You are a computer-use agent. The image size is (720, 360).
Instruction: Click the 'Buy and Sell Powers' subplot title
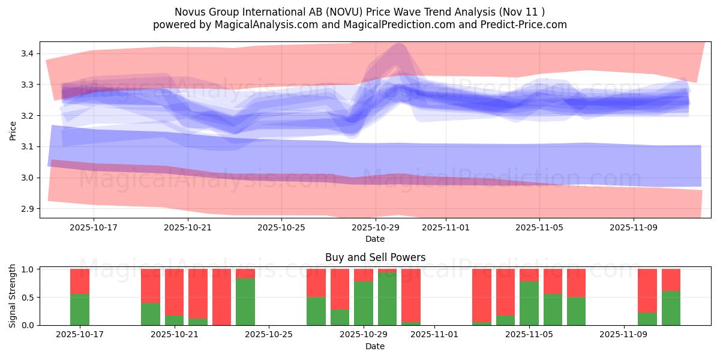(x=375, y=257)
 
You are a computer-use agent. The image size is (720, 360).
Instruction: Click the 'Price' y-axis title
(x=13, y=130)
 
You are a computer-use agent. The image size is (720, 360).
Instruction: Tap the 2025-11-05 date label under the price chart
(x=539, y=228)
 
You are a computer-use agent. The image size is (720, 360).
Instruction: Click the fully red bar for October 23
(x=221, y=297)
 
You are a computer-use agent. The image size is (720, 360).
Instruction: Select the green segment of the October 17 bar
(x=80, y=310)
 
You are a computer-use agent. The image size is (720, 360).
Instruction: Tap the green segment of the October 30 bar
(x=387, y=299)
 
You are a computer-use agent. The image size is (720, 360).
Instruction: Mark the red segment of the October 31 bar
(x=411, y=294)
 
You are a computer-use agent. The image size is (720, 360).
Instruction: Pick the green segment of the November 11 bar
(x=671, y=308)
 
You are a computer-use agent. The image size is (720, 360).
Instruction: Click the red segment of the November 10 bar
(x=647, y=290)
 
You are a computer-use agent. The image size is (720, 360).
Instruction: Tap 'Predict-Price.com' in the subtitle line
(x=525, y=25)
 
